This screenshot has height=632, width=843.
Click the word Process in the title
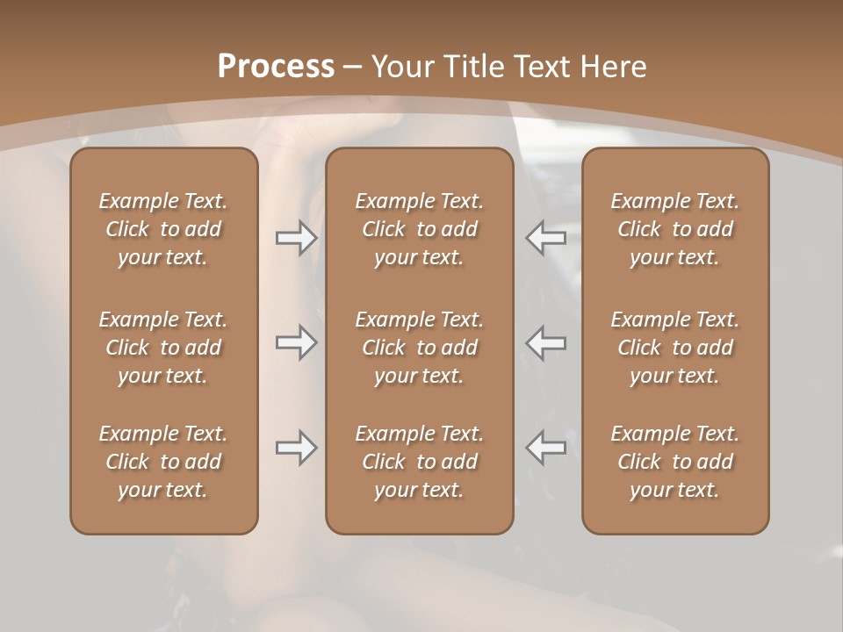tap(276, 67)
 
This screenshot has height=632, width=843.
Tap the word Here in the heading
tap(615, 67)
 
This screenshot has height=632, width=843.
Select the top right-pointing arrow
tap(296, 238)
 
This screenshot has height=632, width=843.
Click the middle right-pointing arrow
tap(296, 342)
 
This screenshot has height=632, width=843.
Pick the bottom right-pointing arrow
tap(296, 448)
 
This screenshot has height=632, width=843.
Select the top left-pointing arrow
tap(546, 238)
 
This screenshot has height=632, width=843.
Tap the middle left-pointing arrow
tap(546, 342)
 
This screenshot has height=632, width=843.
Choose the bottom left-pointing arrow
tap(546, 448)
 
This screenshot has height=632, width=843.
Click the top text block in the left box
tap(163, 229)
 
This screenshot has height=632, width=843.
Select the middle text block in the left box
tap(163, 348)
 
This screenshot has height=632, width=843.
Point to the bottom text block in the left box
tap(163, 462)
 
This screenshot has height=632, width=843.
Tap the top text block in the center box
tap(419, 229)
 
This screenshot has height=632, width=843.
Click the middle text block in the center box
tap(419, 348)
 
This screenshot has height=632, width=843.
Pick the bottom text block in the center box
tap(419, 462)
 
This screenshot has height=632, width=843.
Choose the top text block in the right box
tap(674, 229)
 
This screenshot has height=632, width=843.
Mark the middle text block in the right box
tap(674, 348)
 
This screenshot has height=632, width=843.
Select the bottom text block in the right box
tap(674, 462)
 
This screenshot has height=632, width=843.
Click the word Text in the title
tap(544, 67)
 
